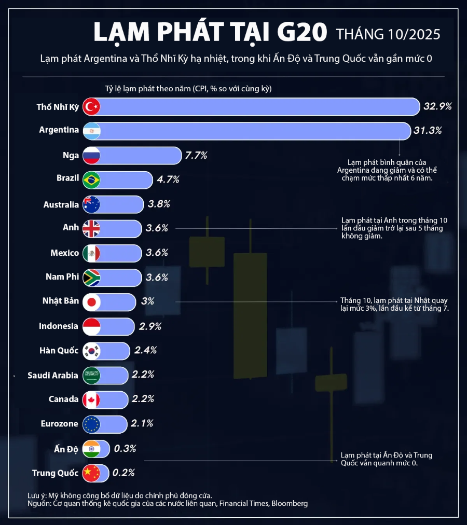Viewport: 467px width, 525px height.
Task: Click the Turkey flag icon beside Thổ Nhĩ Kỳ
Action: tap(91, 107)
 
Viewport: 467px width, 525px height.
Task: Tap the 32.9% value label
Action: tap(437, 107)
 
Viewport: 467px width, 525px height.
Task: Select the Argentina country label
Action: tap(59, 131)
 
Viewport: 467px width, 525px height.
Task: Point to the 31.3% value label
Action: tap(428, 131)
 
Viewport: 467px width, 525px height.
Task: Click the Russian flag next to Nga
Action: tap(91, 155)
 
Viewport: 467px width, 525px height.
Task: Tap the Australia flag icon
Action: tap(91, 204)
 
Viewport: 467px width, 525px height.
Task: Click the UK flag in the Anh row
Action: tap(91, 228)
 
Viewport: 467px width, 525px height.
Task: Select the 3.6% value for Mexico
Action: tap(157, 253)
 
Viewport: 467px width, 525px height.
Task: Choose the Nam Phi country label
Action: tap(62, 277)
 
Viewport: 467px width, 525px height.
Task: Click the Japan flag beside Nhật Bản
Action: tap(91, 301)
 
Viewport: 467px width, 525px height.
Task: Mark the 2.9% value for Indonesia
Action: tap(150, 326)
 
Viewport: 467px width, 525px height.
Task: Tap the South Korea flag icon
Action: tap(91, 351)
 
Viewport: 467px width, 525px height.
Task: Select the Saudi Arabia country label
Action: tap(53, 375)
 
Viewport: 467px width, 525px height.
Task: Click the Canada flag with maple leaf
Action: tap(91, 399)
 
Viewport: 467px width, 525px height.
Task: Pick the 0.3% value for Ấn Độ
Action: tap(125, 449)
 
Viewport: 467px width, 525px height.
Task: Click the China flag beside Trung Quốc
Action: tap(91, 473)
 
